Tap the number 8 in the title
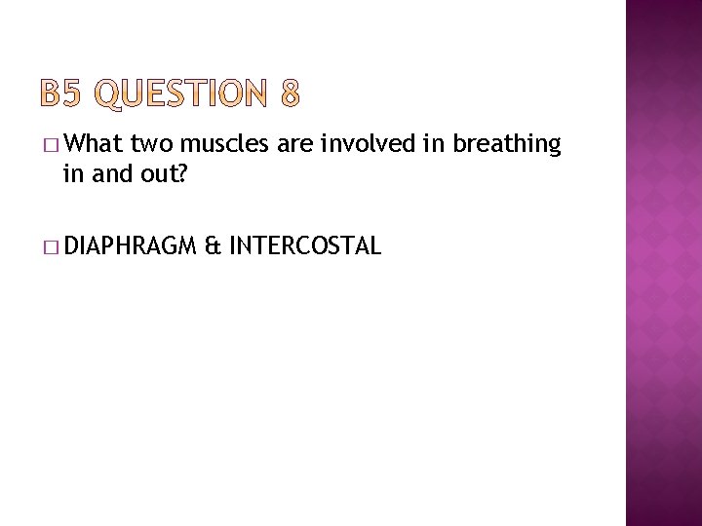click(x=290, y=95)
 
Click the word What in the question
click(x=96, y=145)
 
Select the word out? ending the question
click(x=157, y=173)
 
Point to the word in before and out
click(x=73, y=173)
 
